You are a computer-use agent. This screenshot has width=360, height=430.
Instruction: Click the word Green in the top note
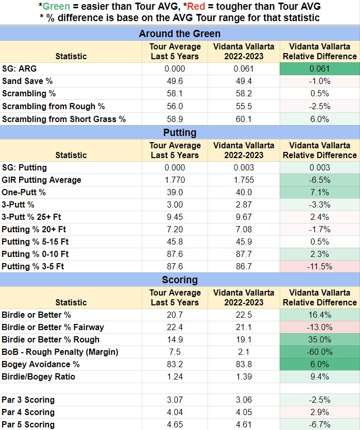tap(56, 6)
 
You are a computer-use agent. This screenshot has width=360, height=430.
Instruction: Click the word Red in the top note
tap(196, 6)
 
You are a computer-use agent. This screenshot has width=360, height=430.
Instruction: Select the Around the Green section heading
tap(180, 33)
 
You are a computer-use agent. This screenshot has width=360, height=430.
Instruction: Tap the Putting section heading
tap(180, 132)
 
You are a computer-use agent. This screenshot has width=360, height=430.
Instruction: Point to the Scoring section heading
tap(180, 280)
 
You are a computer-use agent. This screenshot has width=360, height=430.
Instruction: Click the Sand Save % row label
tap(27, 81)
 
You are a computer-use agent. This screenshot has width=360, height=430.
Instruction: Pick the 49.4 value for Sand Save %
tap(244, 81)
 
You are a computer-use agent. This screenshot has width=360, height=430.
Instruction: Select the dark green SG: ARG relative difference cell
tap(320, 69)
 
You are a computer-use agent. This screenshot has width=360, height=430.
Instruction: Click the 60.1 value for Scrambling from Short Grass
tap(244, 119)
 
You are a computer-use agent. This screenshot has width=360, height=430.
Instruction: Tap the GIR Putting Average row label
tap(41, 180)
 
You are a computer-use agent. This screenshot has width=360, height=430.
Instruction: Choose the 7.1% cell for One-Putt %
tap(320, 192)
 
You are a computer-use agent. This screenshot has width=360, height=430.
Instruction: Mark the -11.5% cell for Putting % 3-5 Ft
tap(320, 266)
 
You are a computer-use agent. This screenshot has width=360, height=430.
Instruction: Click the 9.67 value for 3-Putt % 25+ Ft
tap(244, 217)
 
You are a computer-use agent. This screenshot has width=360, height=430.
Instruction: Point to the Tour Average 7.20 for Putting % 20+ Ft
tap(175, 229)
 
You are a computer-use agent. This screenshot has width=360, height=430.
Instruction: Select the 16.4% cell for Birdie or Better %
tap(320, 315)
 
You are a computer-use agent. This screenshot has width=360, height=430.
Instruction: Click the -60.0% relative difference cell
tap(320, 352)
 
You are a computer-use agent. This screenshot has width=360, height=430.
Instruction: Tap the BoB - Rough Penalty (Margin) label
tap(60, 352)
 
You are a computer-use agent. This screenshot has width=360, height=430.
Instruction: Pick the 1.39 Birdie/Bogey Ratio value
tap(244, 376)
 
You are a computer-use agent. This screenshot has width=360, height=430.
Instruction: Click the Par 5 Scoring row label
tap(28, 424)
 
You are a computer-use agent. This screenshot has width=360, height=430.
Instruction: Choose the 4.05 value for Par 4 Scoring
tap(244, 412)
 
